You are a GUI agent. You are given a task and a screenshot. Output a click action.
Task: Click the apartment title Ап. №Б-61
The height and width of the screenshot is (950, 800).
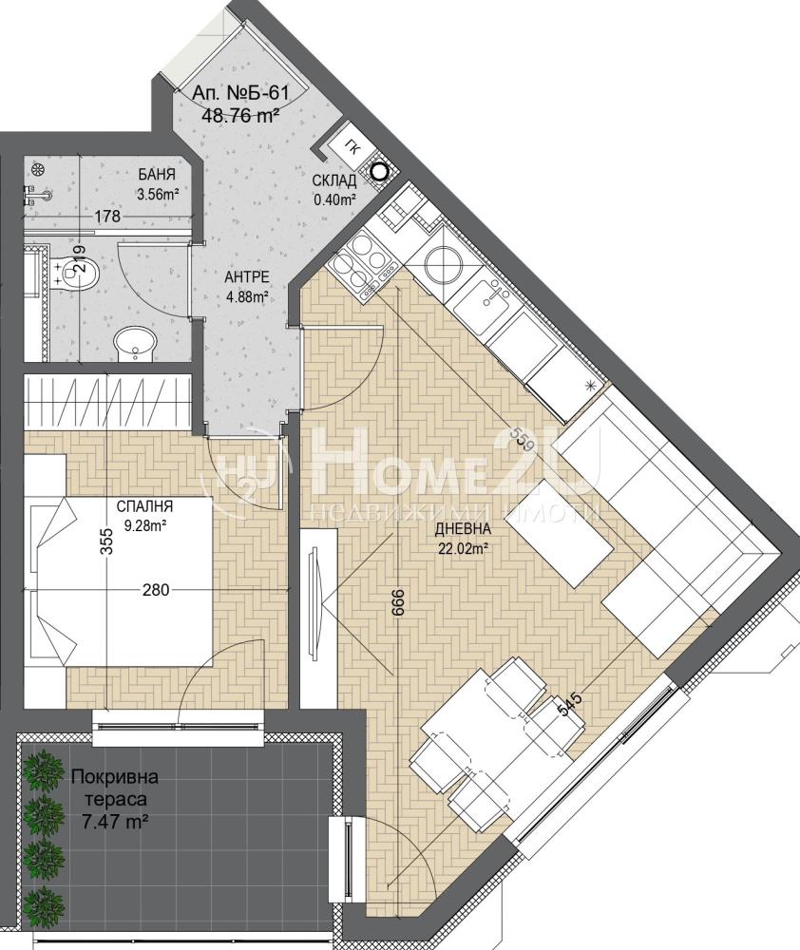[239, 94]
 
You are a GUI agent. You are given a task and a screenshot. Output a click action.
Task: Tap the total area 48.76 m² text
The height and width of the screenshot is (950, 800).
[239, 115]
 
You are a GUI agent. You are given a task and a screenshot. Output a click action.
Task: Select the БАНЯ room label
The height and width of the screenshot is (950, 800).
[157, 175]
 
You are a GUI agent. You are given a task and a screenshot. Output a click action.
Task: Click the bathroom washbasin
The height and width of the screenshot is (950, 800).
[135, 344]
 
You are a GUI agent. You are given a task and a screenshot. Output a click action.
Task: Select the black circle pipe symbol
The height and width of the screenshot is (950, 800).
[379, 172]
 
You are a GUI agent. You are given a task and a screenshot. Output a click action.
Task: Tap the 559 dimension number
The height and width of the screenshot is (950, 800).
[523, 436]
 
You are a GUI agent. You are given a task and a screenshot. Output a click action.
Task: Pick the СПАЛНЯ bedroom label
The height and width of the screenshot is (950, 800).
[144, 506]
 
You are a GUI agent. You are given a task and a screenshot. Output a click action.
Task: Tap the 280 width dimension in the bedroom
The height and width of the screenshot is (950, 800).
[156, 588]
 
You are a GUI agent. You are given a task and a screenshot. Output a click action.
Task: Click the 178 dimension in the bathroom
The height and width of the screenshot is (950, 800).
[107, 216]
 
